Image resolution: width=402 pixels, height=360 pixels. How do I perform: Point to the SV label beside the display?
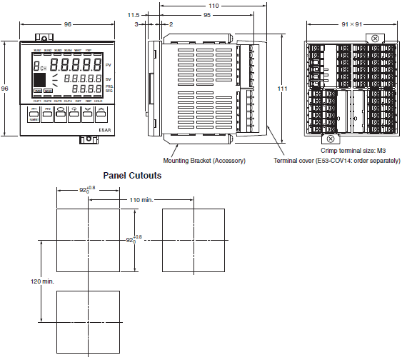[x=109, y=79]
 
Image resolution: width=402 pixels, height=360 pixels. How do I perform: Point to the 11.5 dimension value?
[x=133, y=14]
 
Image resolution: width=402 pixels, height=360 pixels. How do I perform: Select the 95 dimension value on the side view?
[x=207, y=14]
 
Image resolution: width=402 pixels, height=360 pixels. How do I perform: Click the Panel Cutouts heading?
[x=132, y=175]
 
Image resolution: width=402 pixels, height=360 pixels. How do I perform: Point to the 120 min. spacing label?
[x=43, y=281]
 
